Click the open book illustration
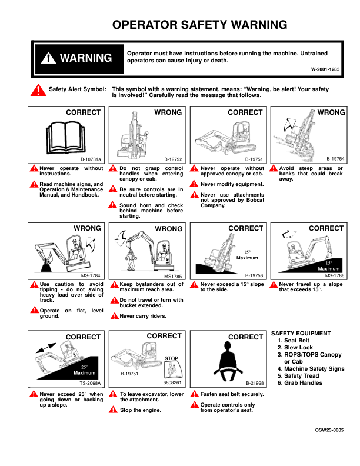(x=66, y=137)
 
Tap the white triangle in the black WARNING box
(x=48, y=58)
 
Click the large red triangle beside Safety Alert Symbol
(x=38, y=91)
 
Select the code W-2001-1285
(x=325, y=69)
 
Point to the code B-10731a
(x=91, y=159)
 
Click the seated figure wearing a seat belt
(x=228, y=361)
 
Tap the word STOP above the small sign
(x=171, y=358)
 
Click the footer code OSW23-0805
(x=329, y=430)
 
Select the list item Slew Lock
(x=295, y=347)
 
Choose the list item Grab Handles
(x=300, y=383)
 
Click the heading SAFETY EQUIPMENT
(x=301, y=334)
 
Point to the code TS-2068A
(x=91, y=383)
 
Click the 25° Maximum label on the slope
(x=85, y=370)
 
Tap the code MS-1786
(x=335, y=275)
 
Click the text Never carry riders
(x=143, y=316)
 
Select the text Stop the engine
(x=141, y=410)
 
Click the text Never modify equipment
(x=232, y=184)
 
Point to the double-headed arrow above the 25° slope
(x=46, y=348)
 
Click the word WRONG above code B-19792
(x=168, y=112)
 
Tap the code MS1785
(x=173, y=277)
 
